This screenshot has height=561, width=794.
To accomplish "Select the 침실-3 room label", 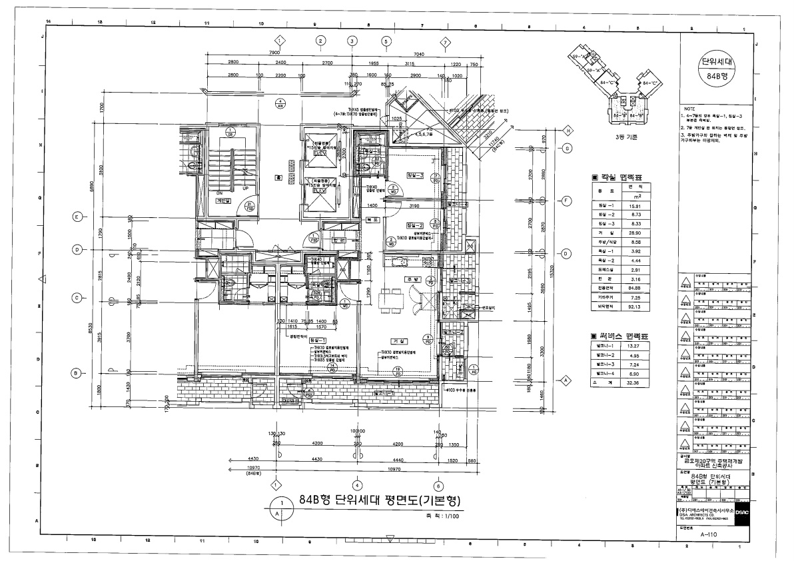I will pyautogui.click(x=414, y=175).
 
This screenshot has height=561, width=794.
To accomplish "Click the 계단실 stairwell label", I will pyautogui.click(x=222, y=199).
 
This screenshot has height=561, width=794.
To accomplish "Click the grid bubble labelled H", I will pyautogui.click(x=568, y=131).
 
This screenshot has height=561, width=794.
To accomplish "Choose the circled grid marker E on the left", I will pyautogui.click(x=77, y=217).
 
